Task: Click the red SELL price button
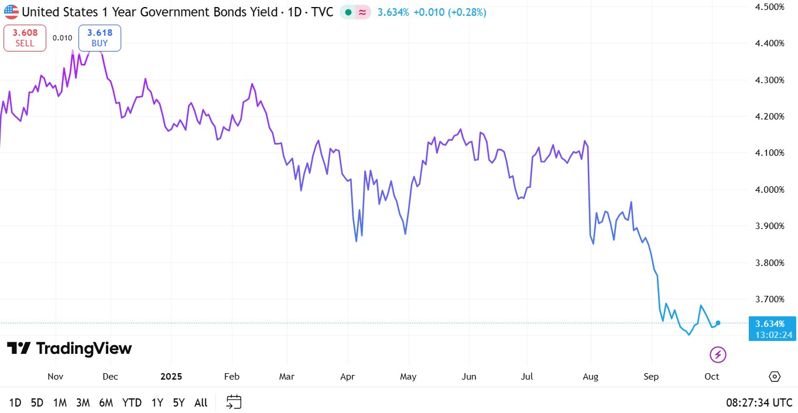coord(25,38)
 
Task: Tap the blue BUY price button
coord(100,38)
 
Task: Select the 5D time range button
coord(37,402)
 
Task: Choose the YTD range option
coord(132,402)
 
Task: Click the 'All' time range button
coord(201,402)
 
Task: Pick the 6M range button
coord(106,402)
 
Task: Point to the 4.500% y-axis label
coord(770,6)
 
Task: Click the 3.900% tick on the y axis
coord(770,226)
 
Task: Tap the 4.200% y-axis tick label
coord(770,117)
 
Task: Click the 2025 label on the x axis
coord(171,376)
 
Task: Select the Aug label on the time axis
coord(591,376)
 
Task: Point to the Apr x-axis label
coord(348,376)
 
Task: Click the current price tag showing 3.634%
coord(772,328)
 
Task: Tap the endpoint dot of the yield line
coord(718,323)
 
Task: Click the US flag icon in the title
coord(11,12)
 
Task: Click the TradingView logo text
coord(69,349)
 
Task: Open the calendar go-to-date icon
coord(234,402)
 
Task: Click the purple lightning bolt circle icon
coord(718,354)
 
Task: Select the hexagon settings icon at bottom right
coord(775,376)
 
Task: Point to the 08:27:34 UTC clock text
coord(759,402)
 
